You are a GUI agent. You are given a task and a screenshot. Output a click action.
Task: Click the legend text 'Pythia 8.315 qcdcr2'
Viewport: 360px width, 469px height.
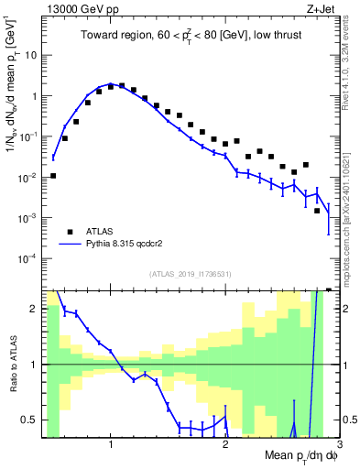(131, 245)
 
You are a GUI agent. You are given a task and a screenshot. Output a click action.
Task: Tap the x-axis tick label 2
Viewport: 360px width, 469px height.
(225, 444)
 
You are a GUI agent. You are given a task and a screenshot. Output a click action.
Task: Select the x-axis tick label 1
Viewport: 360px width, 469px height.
(111, 444)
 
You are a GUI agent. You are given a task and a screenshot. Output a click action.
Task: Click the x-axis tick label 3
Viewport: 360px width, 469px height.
(338, 444)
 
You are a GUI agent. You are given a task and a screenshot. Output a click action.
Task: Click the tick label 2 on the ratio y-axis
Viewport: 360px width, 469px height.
(37, 310)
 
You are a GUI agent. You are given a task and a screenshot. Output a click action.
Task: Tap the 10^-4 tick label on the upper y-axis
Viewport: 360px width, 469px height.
(29, 258)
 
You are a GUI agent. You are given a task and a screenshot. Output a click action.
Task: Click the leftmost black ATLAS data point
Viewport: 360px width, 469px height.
(53, 175)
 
